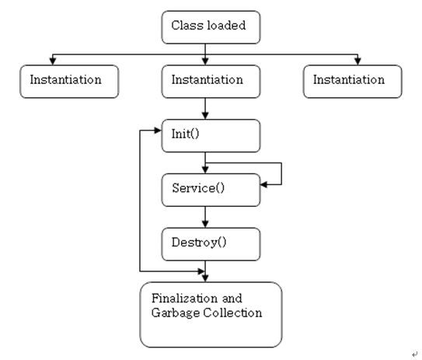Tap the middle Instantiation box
(x=206, y=81)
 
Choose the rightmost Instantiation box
(x=353, y=81)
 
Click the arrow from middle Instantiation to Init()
(x=205, y=107)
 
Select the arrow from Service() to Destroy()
(x=205, y=216)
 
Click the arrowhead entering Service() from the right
(x=264, y=184)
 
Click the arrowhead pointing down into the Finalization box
(x=205, y=277)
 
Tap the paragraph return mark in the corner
(x=414, y=353)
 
